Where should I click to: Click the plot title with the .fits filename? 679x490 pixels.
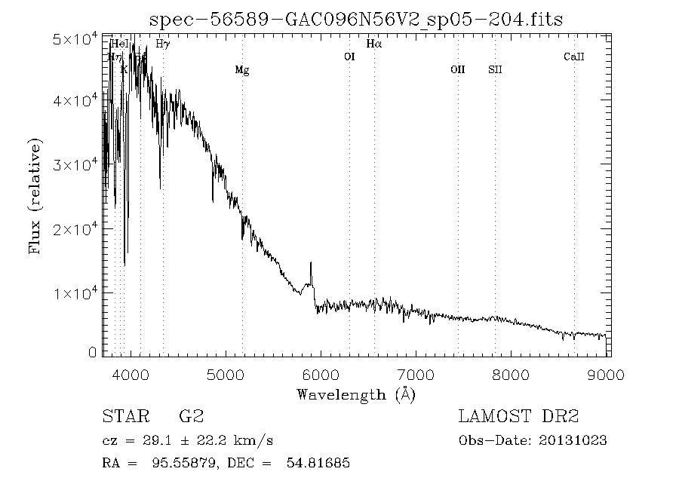(x=355, y=20)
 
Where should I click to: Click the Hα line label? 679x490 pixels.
(x=374, y=44)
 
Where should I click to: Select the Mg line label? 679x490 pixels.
(x=241, y=70)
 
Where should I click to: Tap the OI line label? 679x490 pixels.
(x=349, y=57)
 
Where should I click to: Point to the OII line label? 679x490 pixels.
(x=458, y=70)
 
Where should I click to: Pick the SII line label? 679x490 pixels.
(x=495, y=70)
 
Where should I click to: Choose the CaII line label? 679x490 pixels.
(x=574, y=57)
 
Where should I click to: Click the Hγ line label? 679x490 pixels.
(x=162, y=44)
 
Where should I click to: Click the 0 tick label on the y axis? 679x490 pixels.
(x=92, y=352)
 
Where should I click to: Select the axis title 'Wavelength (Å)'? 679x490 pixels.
(x=355, y=394)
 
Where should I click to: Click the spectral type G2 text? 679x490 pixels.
(x=191, y=417)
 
